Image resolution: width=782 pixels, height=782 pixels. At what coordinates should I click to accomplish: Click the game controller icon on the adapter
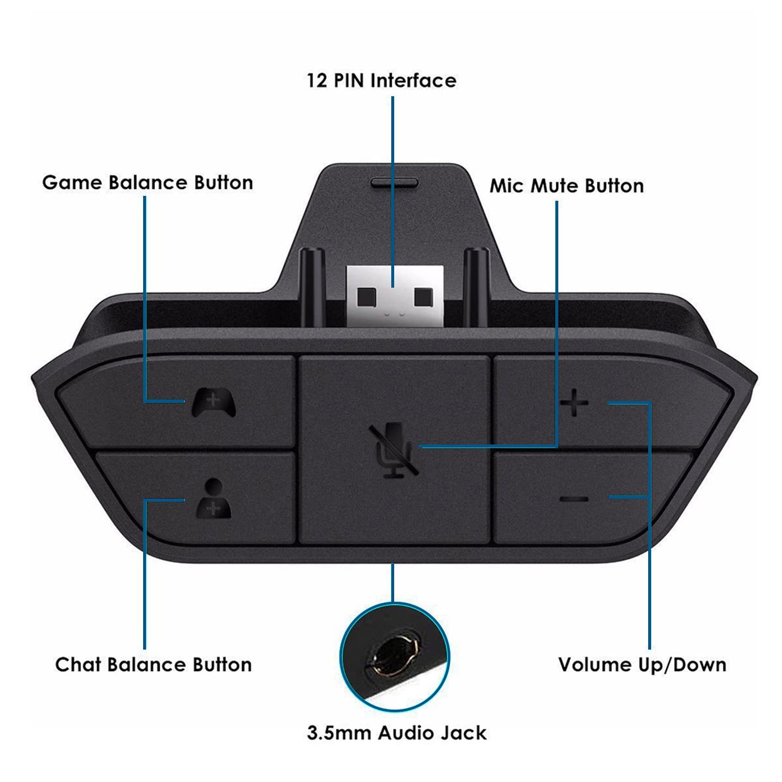tap(213, 402)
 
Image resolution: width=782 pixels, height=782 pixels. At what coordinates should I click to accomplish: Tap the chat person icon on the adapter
tap(213, 498)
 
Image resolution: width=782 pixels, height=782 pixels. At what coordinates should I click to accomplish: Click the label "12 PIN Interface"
tap(381, 81)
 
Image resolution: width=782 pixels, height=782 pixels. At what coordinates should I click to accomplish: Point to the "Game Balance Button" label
tap(148, 183)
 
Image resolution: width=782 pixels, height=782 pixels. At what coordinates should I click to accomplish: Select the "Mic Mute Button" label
tap(567, 186)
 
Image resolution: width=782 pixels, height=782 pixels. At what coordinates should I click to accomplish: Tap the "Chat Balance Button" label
tap(153, 665)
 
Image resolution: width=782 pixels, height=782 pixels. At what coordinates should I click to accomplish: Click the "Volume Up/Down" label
tap(642, 665)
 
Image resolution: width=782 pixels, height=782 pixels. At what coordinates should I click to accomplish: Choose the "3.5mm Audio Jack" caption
tap(397, 733)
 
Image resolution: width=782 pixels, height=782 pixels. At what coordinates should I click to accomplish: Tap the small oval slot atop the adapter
tap(395, 182)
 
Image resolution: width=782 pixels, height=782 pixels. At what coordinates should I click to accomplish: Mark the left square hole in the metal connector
tap(366, 296)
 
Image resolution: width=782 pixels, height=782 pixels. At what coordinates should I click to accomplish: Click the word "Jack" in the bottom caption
tap(462, 733)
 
